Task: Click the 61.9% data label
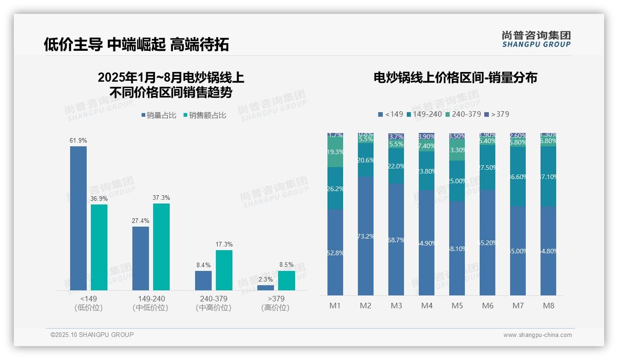(x=78, y=140)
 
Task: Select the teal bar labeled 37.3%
(x=161, y=247)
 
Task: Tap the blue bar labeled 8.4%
(x=203, y=281)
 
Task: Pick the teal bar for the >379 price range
(x=286, y=281)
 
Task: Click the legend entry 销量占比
(x=158, y=115)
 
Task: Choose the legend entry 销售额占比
(x=204, y=115)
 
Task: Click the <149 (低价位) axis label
(x=89, y=303)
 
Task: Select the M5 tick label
(x=457, y=306)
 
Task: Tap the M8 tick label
(x=548, y=306)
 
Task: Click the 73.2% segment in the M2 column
(x=366, y=236)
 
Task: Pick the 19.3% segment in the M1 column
(x=335, y=152)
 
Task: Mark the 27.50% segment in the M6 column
(x=487, y=168)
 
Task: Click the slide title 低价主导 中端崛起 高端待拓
(x=136, y=45)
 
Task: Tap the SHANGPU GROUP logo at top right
(x=536, y=39)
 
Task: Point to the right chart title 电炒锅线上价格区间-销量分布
(x=455, y=78)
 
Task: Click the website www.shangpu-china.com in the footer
(x=537, y=335)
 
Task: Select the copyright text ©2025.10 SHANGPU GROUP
(x=92, y=335)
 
